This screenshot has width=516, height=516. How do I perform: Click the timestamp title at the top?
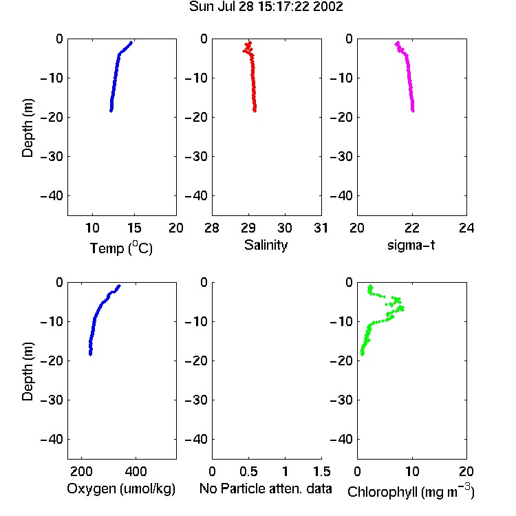point(266,6)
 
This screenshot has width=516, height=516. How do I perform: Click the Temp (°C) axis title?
point(121,248)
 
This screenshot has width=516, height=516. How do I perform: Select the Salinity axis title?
point(266,245)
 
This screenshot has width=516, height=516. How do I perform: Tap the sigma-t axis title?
point(411,245)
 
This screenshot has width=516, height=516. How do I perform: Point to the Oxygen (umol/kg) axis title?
point(121,488)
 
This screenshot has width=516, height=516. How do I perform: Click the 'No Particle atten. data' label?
point(266,488)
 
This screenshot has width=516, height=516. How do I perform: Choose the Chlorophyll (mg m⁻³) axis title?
point(411,491)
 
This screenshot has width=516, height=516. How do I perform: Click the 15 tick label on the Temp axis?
point(134,228)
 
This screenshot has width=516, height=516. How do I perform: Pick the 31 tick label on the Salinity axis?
point(321,228)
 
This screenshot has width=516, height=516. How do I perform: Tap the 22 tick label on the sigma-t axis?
point(411,228)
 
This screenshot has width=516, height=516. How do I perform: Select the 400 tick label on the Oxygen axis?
point(136,471)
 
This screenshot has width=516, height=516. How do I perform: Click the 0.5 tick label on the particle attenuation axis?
point(248,471)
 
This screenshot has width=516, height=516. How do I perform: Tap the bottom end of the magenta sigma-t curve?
point(413,111)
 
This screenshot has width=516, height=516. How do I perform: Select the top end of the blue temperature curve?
point(131,43)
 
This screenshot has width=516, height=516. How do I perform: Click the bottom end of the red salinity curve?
point(255,111)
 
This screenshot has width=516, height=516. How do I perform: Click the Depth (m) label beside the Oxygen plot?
point(28,372)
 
